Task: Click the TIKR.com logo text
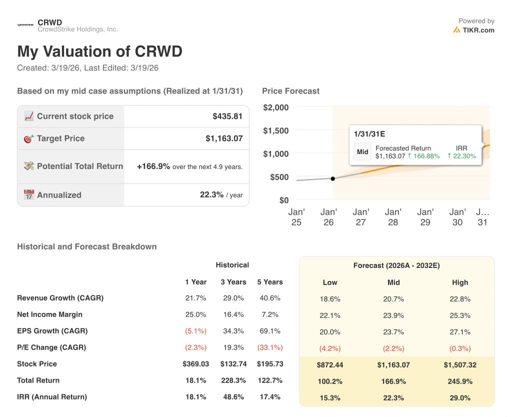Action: tap(478, 30)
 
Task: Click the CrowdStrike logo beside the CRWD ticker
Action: tap(25, 24)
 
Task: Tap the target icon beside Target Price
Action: tap(29, 138)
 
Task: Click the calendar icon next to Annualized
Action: tap(29, 195)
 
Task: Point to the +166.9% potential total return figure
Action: tap(153, 166)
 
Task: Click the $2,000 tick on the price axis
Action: tap(276, 107)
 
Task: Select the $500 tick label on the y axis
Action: tap(279, 177)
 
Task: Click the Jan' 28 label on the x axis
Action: tap(393, 217)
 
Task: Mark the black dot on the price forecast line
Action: tap(333, 178)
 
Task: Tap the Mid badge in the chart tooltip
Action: tap(362, 152)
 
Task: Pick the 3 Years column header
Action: tap(233, 282)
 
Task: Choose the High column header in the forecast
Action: tap(460, 282)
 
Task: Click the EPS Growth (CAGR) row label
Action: tap(52, 331)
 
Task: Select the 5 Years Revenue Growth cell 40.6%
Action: tap(270, 298)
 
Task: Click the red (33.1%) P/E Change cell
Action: tap(270, 347)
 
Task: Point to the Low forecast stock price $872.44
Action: tap(330, 365)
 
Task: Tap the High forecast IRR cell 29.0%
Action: tap(460, 397)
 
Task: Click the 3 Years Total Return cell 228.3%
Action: tap(233, 380)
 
